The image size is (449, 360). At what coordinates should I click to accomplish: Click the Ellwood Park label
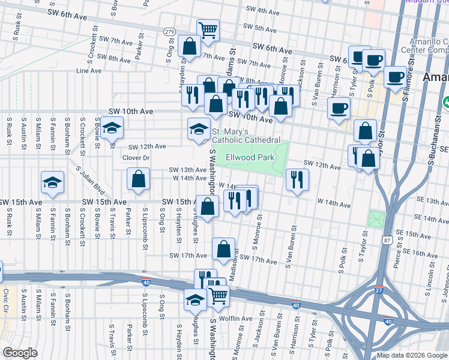coord(250,158)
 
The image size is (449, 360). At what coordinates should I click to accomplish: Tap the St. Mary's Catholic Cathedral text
coord(245,136)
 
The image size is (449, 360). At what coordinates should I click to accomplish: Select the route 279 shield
coord(170,31)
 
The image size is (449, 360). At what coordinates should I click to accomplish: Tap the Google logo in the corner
coord(19,353)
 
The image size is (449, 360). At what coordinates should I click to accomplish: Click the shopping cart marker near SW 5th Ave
coord(208,29)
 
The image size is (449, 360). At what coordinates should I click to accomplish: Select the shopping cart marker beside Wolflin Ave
coord(218,295)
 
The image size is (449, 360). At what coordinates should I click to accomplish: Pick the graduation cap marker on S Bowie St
coord(110,129)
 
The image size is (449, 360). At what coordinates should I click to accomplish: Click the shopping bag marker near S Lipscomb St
coord(139,179)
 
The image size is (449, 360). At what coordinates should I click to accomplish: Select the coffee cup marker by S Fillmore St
coord(395,77)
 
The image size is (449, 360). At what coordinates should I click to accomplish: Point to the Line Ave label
coord(89,70)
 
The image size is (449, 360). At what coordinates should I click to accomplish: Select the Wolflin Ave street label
coord(235,319)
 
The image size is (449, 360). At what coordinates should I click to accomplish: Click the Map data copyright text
coord(411,355)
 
